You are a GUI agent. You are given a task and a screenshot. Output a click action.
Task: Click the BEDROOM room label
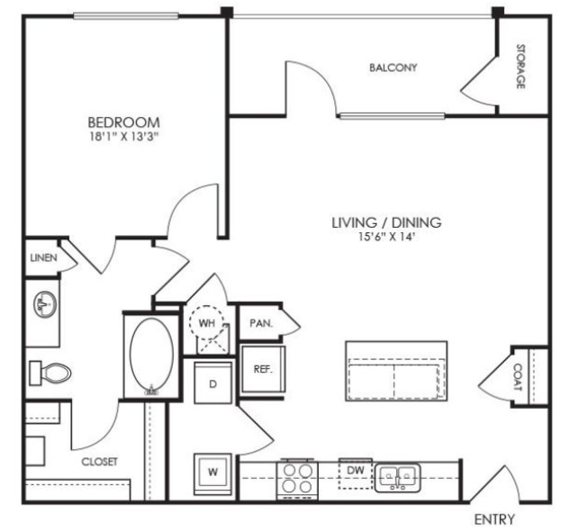[x=123, y=122]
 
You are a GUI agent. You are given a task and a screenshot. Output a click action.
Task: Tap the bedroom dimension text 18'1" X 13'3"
[x=124, y=137]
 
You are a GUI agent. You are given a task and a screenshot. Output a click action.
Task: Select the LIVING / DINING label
[x=386, y=222]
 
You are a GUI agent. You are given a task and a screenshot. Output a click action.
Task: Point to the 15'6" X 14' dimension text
[x=385, y=237]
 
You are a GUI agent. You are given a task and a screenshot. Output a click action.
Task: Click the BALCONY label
[x=394, y=68]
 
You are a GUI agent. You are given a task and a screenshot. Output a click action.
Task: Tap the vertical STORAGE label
[x=520, y=67]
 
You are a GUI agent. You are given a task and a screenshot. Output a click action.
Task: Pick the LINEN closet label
[x=43, y=257]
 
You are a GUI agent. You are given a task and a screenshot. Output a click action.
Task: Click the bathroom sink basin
[x=45, y=304]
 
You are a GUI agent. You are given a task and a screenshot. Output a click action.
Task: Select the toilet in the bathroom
[x=50, y=373]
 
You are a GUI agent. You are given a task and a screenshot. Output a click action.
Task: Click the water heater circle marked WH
[x=207, y=322]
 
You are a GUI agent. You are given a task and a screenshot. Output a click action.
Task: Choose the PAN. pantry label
[x=261, y=323]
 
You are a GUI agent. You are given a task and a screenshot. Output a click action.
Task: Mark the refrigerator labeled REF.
[x=263, y=369]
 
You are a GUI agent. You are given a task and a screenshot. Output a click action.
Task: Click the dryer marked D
[x=213, y=383]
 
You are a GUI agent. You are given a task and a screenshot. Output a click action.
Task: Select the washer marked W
[x=213, y=474]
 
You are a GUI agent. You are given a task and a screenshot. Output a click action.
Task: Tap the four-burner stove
[x=297, y=480]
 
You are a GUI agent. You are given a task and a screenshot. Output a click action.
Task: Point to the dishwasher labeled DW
[x=356, y=473]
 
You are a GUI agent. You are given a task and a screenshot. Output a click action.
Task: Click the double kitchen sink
[x=398, y=478]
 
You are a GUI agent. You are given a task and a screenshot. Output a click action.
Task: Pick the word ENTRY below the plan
[x=494, y=519]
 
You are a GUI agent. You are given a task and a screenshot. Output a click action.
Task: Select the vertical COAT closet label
[x=518, y=377]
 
